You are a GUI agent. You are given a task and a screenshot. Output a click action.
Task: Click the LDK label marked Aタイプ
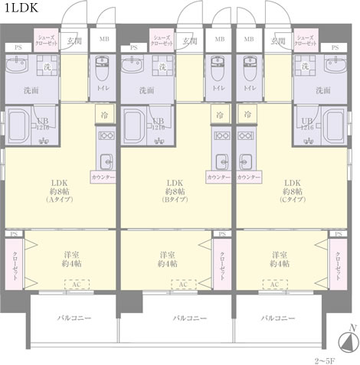pos(59,191)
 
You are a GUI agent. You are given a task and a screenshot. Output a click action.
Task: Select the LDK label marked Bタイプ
pos(174,191)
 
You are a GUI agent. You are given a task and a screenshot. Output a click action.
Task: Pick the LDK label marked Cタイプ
pos(292,191)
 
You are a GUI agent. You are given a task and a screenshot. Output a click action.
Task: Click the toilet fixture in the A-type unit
pos(103,68)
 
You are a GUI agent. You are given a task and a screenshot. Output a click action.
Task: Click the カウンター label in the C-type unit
pos(246,177)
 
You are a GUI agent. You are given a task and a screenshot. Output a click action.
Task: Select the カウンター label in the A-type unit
pos(103,177)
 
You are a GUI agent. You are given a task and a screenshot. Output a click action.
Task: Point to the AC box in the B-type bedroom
pos(182,285)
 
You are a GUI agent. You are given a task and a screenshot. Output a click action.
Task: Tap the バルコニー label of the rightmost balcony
pos(277,317)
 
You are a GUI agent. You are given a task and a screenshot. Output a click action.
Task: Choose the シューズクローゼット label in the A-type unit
pos(47,39)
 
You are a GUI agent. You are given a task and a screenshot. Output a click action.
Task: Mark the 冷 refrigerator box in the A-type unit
pos(103,113)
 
